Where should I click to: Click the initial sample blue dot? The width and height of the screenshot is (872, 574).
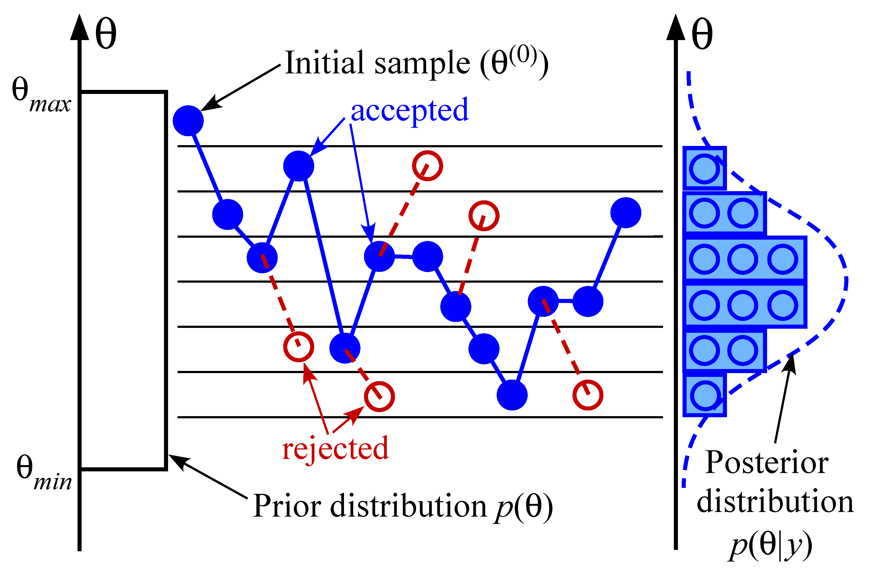(x=188, y=121)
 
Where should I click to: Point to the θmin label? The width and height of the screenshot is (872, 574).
(x=43, y=473)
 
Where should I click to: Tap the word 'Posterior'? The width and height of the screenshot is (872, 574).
(x=767, y=463)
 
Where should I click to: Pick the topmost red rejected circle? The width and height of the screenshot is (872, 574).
(x=427, y=166)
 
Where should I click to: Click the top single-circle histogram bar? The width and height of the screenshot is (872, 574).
(x=704, y=168)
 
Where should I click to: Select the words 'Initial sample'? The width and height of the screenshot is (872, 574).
(x=377, y=63)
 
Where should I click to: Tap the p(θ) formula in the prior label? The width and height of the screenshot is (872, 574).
(x=523, y=507)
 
